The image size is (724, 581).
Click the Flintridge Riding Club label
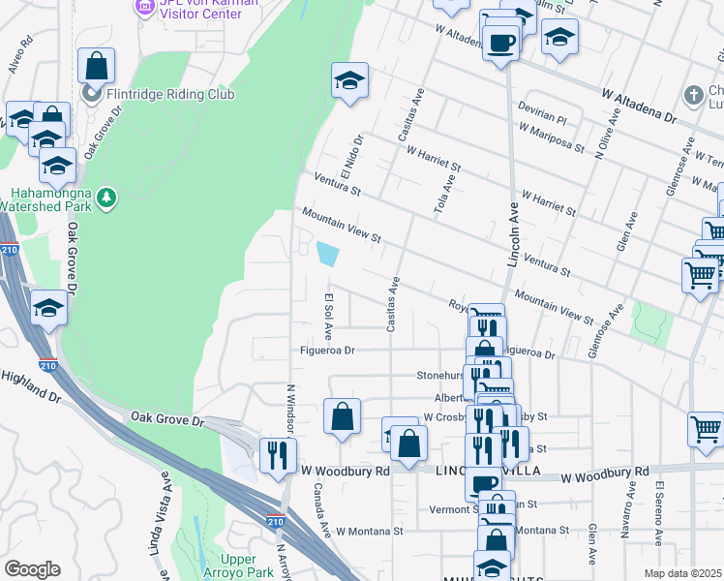(170, 95)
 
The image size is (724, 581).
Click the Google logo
(32, 569)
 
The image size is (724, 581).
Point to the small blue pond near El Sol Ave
(328, 254)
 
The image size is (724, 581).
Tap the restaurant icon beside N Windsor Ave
(278, 453)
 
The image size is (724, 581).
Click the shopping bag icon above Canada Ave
(342, 417)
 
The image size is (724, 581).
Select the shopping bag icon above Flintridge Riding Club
(96, 66)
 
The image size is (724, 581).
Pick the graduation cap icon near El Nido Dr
(349, 80)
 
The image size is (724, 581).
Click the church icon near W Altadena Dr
(692, 95)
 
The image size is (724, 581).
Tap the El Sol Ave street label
(329, 317)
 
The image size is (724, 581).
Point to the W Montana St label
(369, 532)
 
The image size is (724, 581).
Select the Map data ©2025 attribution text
(681, 573)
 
